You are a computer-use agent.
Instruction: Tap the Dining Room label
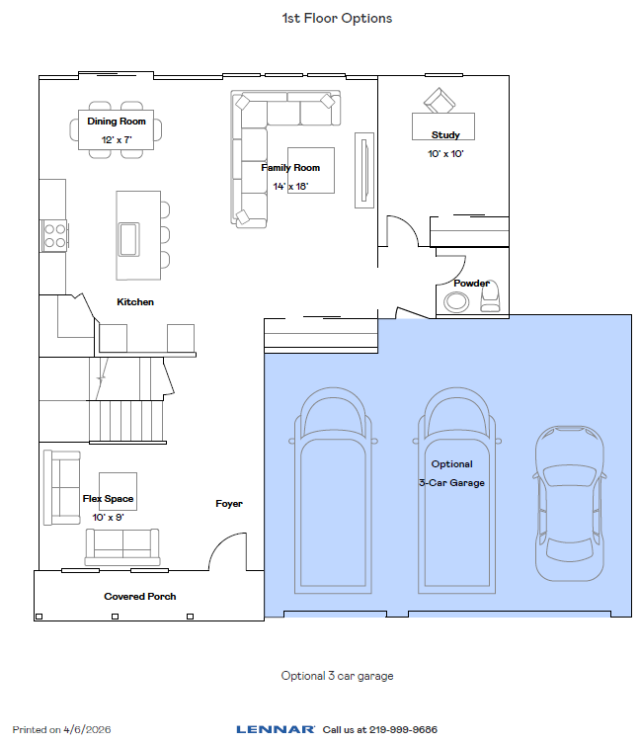coord(116,122)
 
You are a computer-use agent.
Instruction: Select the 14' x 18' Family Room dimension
coord(290,186)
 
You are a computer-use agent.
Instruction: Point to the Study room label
coord(445,135)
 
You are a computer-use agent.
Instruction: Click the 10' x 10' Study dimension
coord(445,154)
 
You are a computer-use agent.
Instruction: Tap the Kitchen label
coord(135,301)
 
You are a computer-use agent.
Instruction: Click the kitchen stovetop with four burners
coord(55,235)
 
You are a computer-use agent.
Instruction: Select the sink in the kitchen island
coord(128,239)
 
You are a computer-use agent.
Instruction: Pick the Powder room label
coord(471,284)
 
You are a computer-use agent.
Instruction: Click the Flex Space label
coord(108,499)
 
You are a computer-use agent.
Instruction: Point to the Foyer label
coord(229,504)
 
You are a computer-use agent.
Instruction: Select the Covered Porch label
coord(139,597)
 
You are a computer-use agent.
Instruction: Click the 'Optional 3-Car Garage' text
coord(451,473)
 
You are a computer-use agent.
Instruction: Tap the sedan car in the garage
coord(569,503)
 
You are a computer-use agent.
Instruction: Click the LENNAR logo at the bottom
coord(276,729)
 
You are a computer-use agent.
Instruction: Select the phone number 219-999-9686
coord(403,729)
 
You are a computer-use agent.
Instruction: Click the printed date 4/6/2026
coord(87,729)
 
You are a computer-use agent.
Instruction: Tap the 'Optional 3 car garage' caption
coord(337,676)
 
